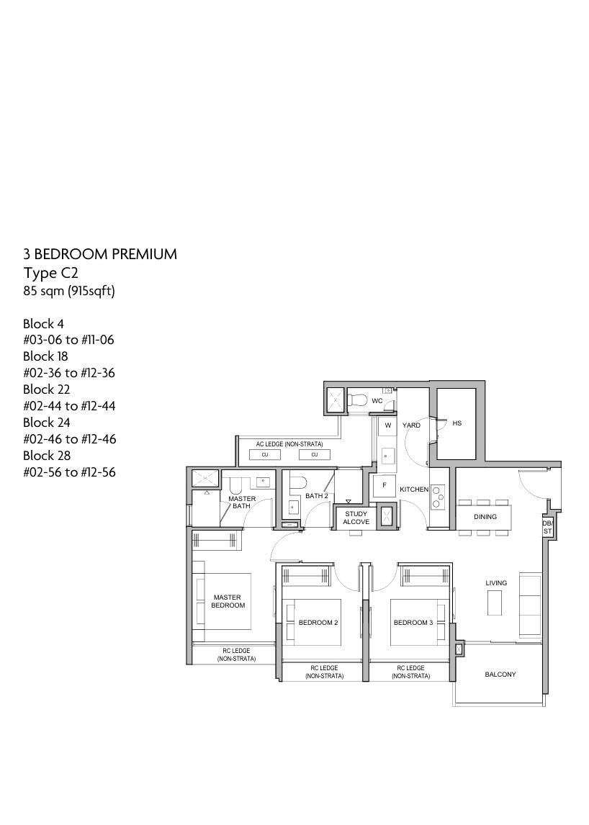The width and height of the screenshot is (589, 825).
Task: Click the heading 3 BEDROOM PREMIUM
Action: coord(100,255)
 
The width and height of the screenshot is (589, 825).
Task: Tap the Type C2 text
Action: coord(50,273)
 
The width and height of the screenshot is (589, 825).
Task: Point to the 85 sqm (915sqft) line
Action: coord(69,291)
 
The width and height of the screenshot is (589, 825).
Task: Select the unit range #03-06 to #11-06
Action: coord(68,340)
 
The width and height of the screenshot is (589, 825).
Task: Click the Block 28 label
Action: coord(47,456)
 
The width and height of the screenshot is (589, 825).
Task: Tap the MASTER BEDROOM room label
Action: coord(228,601)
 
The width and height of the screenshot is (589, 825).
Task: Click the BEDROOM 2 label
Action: coord(318,623)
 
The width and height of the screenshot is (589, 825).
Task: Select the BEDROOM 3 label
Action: coord(413,623)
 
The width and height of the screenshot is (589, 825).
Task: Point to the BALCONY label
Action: coord(500,674)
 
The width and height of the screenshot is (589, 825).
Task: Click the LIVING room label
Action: coord(496,583)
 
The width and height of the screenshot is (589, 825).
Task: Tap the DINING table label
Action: coord(485,517)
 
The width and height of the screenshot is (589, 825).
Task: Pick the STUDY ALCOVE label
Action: coord(356,518)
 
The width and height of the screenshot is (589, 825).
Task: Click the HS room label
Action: coord(457,423)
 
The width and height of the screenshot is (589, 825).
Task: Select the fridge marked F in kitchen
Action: coord(385,486)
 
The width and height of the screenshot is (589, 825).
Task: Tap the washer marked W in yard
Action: coord(388,425)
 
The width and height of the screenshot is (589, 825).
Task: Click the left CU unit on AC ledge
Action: coord(265,454)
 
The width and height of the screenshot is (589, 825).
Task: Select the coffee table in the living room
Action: coord(494,603)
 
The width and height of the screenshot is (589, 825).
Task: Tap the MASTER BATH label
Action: coord(242,502)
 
